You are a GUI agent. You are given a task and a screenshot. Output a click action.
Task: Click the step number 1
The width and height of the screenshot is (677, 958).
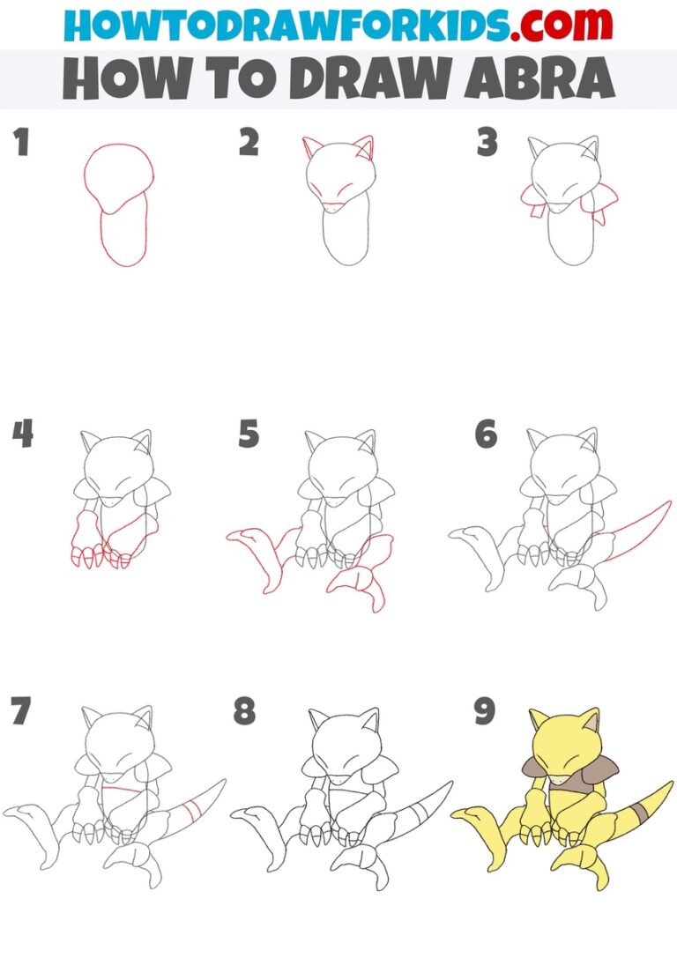click(20, 142)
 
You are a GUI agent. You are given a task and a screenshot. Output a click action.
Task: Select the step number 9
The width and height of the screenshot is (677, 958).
click(484, 712)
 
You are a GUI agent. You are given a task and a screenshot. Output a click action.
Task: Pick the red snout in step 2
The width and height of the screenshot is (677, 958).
click(336, 207)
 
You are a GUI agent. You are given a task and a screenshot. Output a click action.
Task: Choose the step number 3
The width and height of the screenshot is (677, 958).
click(487, 142)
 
